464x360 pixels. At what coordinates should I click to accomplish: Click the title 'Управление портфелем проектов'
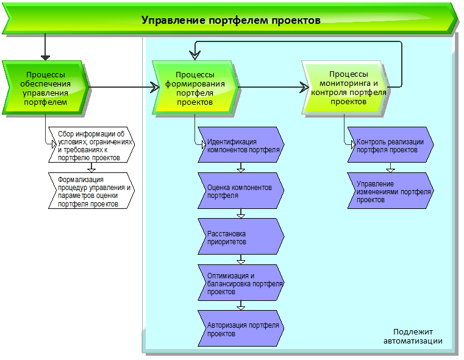[230, 19]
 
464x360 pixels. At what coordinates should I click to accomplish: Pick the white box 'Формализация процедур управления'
[91, 191]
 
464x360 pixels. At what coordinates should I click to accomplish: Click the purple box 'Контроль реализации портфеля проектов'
[391, 144]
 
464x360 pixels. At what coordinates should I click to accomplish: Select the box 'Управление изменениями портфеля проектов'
[391, 191]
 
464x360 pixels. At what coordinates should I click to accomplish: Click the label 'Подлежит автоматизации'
[413, 336]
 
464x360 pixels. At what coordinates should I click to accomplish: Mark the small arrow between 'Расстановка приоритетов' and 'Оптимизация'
[241, 260]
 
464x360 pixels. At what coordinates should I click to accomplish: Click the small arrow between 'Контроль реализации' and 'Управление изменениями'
[390, 168]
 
